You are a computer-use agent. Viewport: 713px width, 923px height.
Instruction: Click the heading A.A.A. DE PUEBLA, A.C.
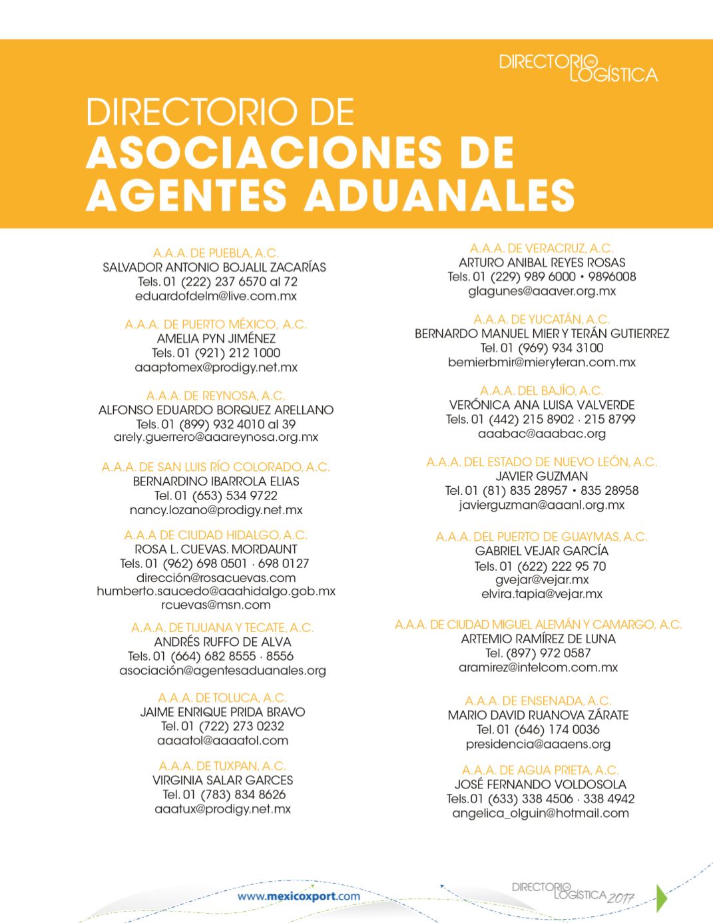216,253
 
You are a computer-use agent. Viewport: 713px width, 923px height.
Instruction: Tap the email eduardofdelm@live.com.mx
216,296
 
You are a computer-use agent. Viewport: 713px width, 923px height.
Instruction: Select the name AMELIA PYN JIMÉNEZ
216,339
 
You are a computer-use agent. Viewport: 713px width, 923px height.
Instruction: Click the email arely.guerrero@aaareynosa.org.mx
216,438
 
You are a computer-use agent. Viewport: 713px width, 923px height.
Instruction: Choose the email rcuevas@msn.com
216,605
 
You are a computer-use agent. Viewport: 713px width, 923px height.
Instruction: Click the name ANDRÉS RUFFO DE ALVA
222,642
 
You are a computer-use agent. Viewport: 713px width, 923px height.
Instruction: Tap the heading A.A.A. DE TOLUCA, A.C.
222,698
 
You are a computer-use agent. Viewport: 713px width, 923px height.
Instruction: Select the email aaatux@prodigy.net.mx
222,809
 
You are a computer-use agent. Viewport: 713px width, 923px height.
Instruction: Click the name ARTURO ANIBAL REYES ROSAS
542,262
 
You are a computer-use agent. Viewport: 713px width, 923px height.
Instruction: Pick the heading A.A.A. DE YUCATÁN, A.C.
542,320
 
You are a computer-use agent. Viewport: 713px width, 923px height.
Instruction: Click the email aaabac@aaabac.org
542,434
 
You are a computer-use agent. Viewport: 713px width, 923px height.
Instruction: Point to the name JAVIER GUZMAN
542,476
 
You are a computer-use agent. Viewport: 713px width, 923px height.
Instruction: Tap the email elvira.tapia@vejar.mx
542,594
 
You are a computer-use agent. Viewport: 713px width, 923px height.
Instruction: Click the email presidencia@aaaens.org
538,744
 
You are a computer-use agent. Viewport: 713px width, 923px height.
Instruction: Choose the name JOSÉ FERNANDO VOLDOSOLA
540,784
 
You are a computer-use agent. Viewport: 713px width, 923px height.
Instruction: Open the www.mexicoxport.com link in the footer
299,896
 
